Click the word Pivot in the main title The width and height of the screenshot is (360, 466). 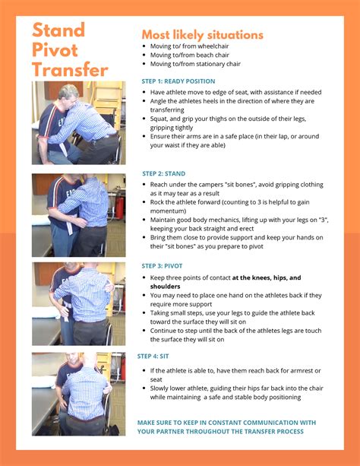pos(55,50)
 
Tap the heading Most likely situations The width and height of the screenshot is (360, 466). pos(202,35)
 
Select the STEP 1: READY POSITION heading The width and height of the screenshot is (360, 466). pos(178,81)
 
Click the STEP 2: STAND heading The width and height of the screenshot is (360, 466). pos(163,173)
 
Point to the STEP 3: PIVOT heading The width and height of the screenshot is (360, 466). pos(162,266)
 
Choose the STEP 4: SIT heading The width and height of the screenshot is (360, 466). pos(153,356)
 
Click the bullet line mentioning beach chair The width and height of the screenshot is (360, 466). pos(190,55)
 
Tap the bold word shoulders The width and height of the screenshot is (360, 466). pos(165,287)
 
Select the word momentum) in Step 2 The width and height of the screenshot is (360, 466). pos(168,211)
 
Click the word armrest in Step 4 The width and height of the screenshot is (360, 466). pos(302,371)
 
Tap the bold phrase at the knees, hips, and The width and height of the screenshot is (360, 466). pos(267,277)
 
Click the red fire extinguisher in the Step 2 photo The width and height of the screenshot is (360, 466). pos(119,207)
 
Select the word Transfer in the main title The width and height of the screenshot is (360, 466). pos(70,70)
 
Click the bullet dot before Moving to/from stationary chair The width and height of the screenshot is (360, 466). pos(144,64)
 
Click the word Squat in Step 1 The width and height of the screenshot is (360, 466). pos(159,119)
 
